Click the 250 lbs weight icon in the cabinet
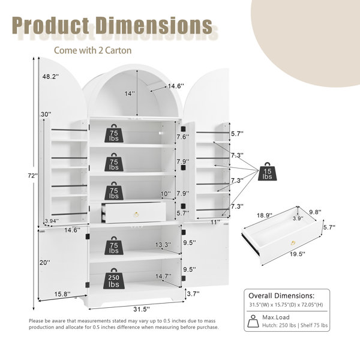click(114, 278)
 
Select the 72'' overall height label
click(33, 176)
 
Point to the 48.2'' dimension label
click(50, 76)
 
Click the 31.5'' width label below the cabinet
click(142, 309)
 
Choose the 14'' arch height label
click(130, 94)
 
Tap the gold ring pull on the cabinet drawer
click(136, 214)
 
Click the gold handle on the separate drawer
click(293, 243)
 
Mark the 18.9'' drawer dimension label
click(264, 215)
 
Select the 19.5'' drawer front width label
click(298, 254)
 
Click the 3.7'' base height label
click(193, 293)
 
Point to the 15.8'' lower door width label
click(62, 294)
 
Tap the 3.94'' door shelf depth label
click(52, 221)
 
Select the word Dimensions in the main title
click(154, 25)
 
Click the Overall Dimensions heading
click(281, 295)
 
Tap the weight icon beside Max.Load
click(253, 321)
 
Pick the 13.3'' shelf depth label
click(163, 245)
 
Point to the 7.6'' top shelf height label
click(183, 137)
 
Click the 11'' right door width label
click(215, 222)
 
